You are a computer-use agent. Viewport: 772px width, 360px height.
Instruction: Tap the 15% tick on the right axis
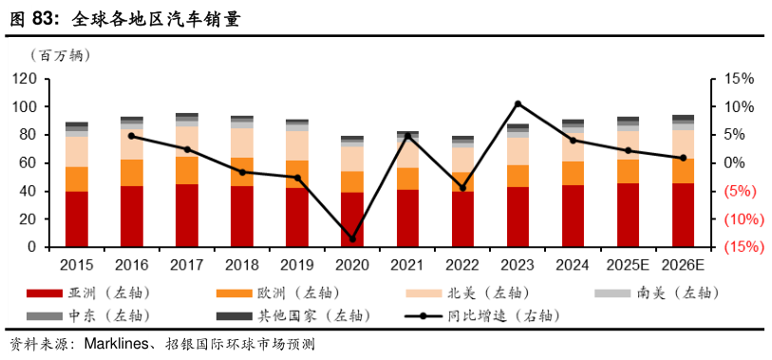pos(740,79)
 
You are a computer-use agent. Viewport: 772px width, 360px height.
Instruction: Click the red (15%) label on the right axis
pos(739,247)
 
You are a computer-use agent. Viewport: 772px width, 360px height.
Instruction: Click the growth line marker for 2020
pos(352,239)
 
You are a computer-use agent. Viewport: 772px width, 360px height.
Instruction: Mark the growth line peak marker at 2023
pos(518,104)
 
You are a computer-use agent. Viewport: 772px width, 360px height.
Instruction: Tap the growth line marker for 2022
pos(462,188)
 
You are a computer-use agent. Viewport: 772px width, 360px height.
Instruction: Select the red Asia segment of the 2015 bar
pos(77,219)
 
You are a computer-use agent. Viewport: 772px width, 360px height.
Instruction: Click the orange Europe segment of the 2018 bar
pos(242,172)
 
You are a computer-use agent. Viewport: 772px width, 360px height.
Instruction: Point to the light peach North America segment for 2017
pos(187,142)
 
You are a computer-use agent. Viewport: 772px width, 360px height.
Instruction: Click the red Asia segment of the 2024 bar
pos(573,217)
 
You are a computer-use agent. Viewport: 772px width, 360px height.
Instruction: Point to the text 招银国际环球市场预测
pos(239,344)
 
